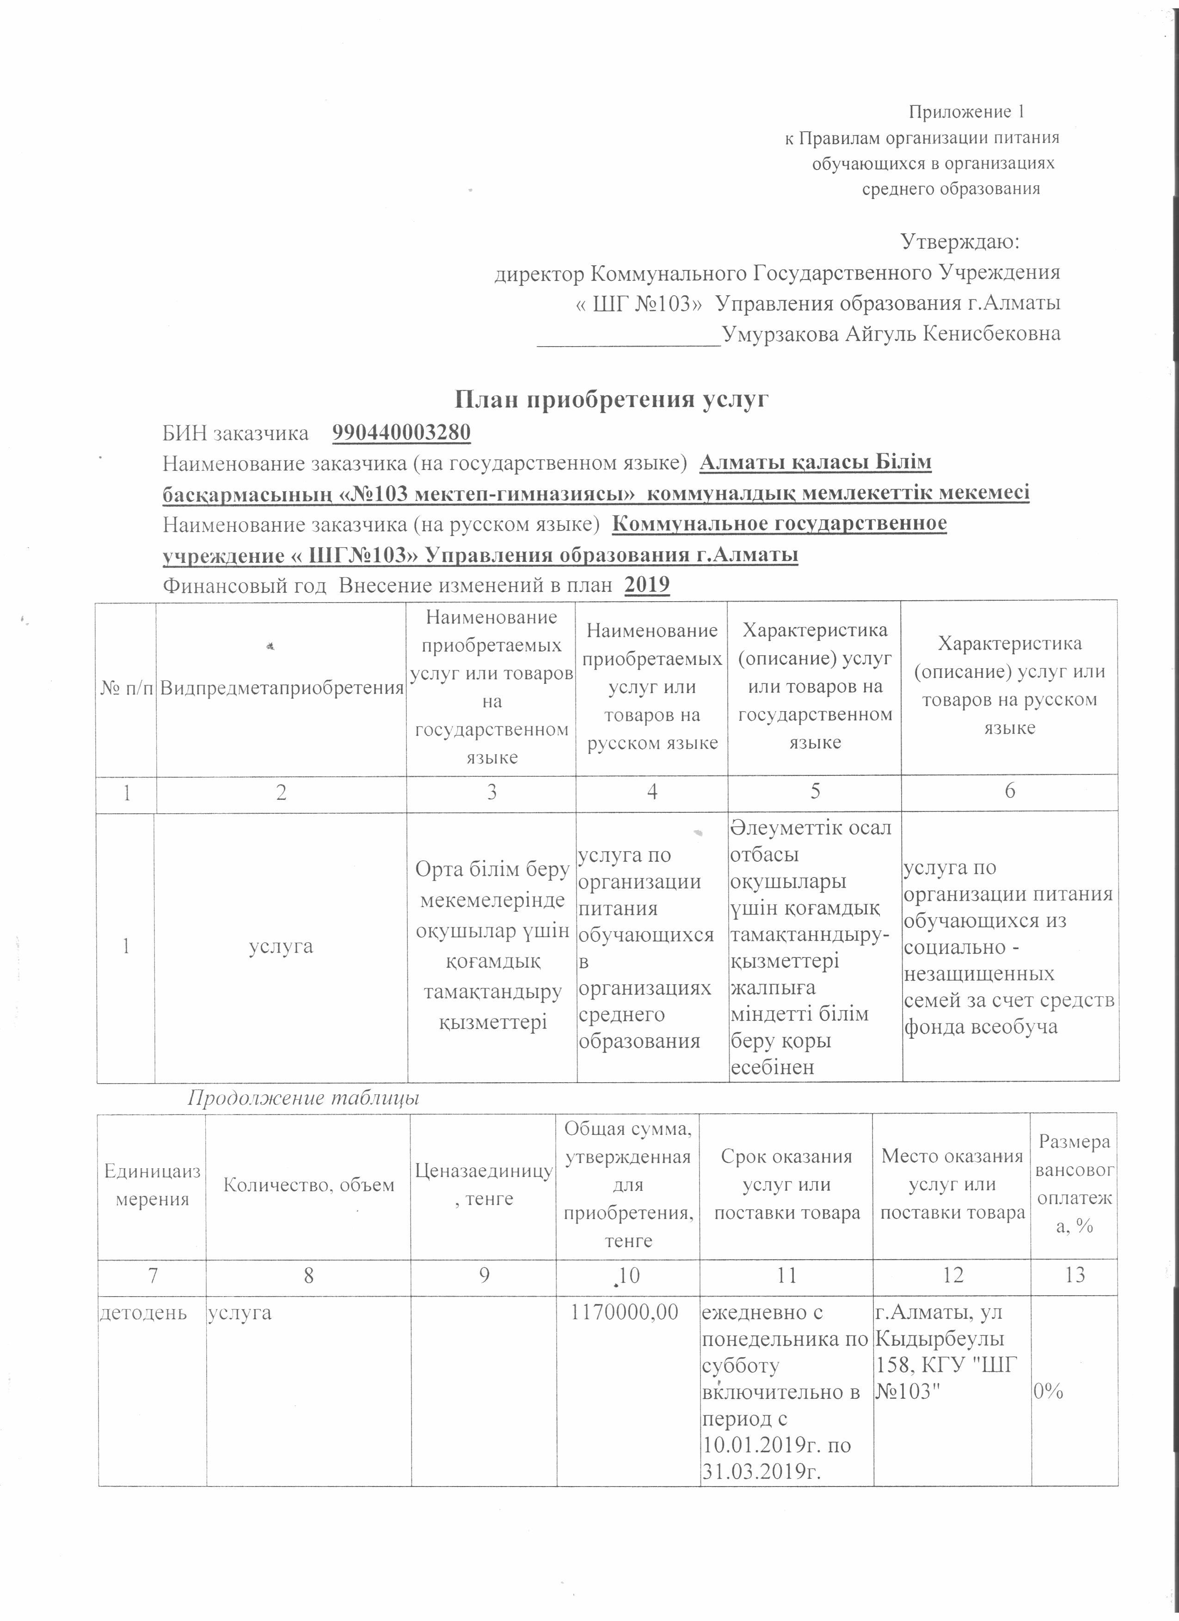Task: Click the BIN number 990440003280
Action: tap(401, 433)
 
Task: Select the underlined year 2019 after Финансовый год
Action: tap(647, 585)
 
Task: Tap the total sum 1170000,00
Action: tap(627, 1312)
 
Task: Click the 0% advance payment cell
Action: tap(1048, 1391)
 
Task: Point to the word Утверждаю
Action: tap(959, 241)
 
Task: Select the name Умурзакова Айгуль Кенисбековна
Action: tap(891, 334)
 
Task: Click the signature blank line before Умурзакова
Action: tap(629, 341)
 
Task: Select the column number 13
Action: tap(1075, 1274)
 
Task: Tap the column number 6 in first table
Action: tap(1010, 791)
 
